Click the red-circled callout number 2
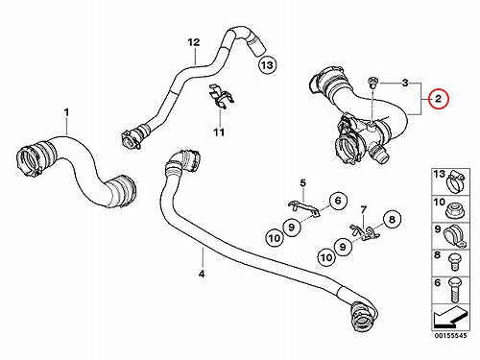coord(438,99)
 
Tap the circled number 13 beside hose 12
coord(267,65)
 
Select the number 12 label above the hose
coord(194,42)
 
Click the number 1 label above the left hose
coord(66,112)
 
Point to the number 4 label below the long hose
coord(202,274)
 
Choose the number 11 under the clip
coord(219,132)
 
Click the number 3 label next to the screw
coord(405,84)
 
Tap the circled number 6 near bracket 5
coord(338,201)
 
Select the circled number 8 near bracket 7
coord(392,219)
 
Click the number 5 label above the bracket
coord(302,183)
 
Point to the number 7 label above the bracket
coord(363,210)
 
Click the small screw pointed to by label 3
coord(372,82)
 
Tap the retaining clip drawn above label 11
coord(222,97)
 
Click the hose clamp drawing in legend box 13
coord(456,181)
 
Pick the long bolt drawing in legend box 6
coord(455,290)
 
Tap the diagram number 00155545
coord(450,336)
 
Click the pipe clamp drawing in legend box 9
coord(454,236)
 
